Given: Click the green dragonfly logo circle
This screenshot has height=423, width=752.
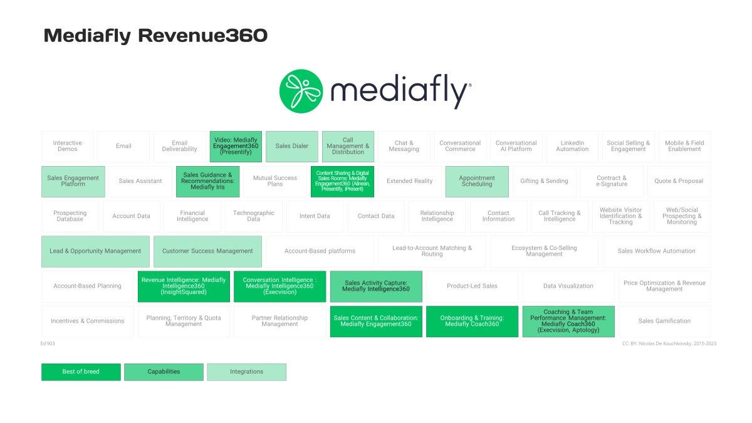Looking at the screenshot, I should click(301, 91).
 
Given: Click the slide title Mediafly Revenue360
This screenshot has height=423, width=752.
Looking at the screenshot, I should click(155, 36).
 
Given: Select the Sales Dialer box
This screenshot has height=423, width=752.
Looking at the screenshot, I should click(292, 146).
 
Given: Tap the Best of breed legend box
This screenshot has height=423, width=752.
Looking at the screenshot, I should click(81, 372).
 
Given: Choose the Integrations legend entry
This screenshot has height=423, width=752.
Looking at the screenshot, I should click(246, 372).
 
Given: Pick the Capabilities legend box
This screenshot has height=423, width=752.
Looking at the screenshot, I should click(164, 372).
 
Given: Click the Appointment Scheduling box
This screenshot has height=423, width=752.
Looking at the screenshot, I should click(477, 181).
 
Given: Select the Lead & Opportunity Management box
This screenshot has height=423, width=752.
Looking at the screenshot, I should click(95, 251).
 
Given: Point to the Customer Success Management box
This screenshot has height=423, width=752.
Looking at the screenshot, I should click(207, 251).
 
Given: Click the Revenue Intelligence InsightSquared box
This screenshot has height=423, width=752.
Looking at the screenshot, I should click(184, 286).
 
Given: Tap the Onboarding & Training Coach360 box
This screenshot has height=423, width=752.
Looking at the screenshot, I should click(472, 321).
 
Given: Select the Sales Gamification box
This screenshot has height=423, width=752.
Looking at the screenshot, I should click(664, 321).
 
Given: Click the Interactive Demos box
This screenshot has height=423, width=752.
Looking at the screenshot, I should click(68, 146).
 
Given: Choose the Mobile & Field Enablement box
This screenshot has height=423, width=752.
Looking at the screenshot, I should click(684, 146).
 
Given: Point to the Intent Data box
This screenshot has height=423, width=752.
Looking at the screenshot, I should click(315, 216).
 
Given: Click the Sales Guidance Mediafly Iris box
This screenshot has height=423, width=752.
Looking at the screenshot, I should click(207, 181).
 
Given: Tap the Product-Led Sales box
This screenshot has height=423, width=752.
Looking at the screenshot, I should click(472, 286).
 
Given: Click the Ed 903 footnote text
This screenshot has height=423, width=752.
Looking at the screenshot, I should click(48, 343).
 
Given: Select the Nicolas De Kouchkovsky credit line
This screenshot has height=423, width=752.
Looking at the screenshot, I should click(669, 343).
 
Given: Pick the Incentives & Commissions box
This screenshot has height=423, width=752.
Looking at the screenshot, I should click(88, 321).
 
